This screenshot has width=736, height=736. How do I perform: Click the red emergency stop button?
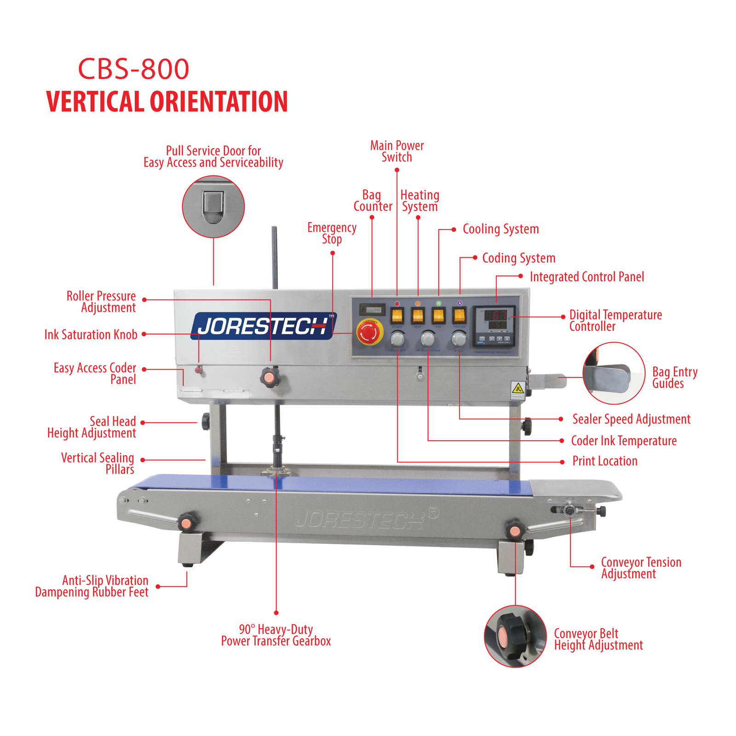point(369,332)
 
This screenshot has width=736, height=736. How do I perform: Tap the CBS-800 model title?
point(133,69)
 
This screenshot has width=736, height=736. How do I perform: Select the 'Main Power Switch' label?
point(397,151)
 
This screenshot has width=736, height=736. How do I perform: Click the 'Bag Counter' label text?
point(373,201)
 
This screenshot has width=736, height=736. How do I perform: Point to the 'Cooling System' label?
point(500,229)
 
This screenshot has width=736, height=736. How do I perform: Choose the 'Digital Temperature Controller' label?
point(615,321)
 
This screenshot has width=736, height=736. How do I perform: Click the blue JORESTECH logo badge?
point(263,326)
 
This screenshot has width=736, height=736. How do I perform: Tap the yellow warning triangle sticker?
point(518,387)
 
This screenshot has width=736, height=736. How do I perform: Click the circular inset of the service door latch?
point(213,207)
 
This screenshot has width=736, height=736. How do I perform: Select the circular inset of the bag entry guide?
point(614,373)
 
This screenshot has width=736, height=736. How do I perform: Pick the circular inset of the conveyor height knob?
point(515,636)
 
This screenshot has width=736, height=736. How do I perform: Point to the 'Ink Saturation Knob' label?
point(91,334)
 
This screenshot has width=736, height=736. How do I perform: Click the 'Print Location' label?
point(604,461)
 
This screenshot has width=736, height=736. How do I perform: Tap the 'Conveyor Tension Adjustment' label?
point(641,568)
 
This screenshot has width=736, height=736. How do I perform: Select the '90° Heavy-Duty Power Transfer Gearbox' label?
point(276,635)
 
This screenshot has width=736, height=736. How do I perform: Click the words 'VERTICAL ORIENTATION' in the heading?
point(167,102)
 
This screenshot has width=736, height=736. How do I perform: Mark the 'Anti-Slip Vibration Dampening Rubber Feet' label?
point(92,586)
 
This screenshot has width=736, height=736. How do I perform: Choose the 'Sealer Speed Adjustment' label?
point(631,419)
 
